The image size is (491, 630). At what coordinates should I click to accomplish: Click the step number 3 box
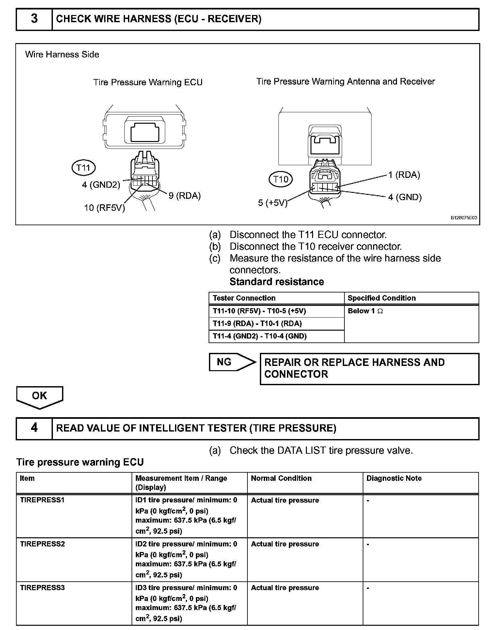[x=34, y=19]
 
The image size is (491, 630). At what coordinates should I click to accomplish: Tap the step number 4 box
[x=34, y=428]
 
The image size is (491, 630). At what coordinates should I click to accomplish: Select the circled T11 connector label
[x=83, y=168]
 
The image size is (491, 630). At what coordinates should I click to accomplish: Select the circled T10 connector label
[x=280, y=179]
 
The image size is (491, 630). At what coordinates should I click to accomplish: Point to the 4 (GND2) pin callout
[x=101, y=185]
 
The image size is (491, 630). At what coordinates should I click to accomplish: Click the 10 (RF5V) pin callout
[x=104, y=208]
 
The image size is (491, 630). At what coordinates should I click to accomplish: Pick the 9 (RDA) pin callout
[x=184, y=196]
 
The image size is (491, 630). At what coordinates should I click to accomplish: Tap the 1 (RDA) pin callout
[x=404, y=175]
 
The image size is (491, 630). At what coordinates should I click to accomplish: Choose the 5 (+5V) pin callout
[x=273, y=203]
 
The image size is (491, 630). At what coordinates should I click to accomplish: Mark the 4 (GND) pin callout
[x=405, y=197]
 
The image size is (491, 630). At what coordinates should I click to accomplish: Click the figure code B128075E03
[x=464, y=218]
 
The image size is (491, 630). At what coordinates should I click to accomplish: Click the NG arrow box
[x=232, y=362]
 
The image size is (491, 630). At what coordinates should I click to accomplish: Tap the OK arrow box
[x=40, y=397]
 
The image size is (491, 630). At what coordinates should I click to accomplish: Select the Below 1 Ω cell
[x=365, y=311]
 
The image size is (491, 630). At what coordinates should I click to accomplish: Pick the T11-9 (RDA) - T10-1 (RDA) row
[x=257, y=323]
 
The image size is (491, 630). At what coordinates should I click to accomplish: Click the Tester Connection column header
[x=244, y=298]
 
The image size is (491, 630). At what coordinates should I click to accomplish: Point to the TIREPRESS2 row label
[x=42, y=544]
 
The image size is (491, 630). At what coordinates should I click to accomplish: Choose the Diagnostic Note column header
[x=394, y=478]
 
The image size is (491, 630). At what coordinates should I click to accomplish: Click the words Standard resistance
[x=277, y=282]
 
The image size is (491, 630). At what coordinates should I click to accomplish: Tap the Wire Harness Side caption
[x=62, y=54]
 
